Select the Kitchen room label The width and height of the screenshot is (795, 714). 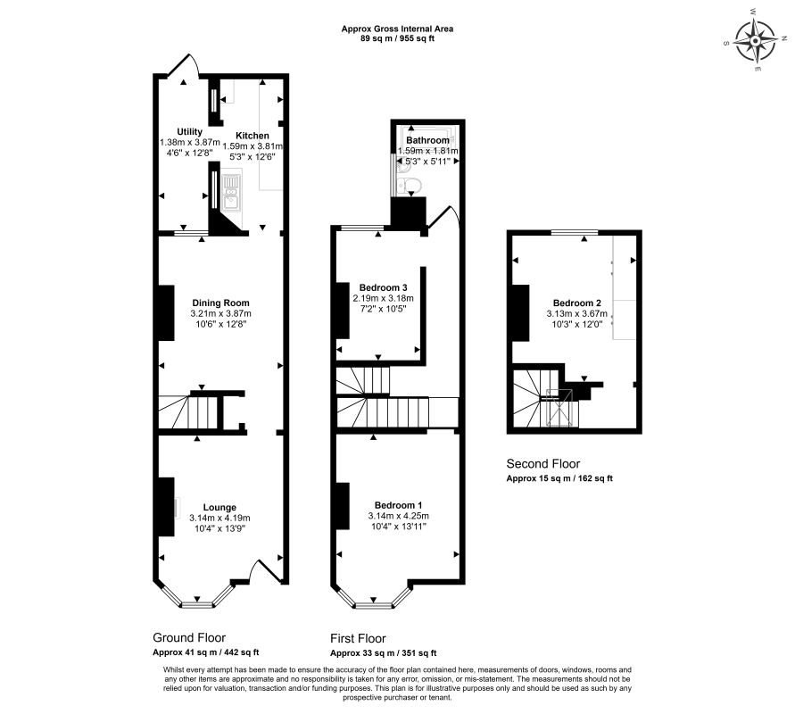click(253, 136)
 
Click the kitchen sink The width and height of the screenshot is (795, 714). click(231, 192)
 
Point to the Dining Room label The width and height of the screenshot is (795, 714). click(220, 303)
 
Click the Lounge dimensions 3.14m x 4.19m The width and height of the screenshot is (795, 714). click(219, 518)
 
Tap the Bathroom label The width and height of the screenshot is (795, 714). click(427, 141)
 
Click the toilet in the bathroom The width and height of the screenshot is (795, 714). click(410, 186)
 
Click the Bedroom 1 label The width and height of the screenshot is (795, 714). click(398, 505)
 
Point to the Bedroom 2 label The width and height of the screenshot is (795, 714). click(576, 303)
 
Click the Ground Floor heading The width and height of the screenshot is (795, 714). click(189, 638)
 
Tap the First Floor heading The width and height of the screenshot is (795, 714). click(358, 639)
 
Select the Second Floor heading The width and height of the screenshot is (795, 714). click(542, 464)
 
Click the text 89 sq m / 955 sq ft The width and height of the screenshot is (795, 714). click(396, 39)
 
